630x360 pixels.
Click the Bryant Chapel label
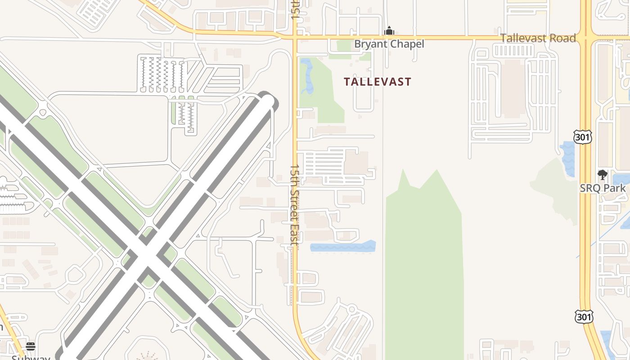[x=389, y=44]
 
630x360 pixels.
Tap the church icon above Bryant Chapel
[x=389, y=31]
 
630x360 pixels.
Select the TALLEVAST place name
[x=378, y=82]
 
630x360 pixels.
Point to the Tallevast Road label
[x=538, y=38]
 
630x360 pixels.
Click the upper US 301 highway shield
[x=583, y=137]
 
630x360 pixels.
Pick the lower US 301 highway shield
[x=584, y=316]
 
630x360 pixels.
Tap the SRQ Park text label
[x=603, y=188]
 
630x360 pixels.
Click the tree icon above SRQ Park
[x=602, y=175]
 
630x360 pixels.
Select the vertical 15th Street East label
[x=294, y=204]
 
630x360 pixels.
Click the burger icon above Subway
[x=30, y=346]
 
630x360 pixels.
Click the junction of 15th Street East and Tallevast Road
[x=295, y=37]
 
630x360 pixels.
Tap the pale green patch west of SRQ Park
[x=556, y=189]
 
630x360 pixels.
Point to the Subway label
[x=31, y=357]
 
